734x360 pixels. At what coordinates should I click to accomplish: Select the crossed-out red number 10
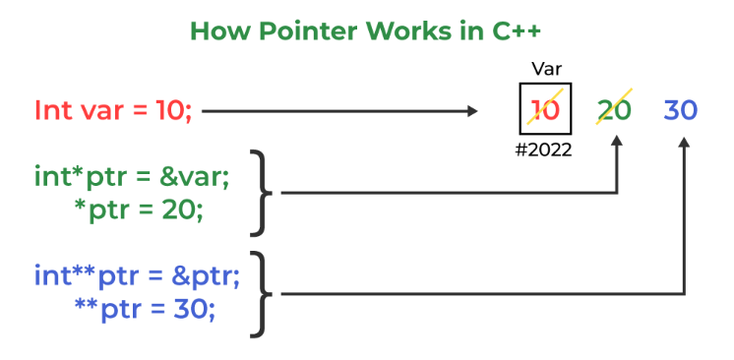545,109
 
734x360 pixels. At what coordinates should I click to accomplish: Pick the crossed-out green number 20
615,109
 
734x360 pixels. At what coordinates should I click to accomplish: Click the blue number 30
681,109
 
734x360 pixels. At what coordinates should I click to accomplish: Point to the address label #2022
545,150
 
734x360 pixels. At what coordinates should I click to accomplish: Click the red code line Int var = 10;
113,109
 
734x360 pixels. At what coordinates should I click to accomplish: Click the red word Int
51,109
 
